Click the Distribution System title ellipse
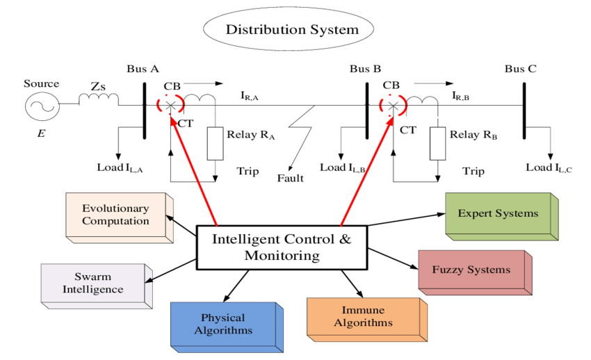(x=291, y=30)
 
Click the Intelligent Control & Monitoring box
(x=282, y=247)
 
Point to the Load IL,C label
(x=549, y=167)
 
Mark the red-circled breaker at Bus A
(x=170, y=105)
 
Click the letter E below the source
(x=41, y=132)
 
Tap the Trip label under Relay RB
(x=473, y=171)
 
